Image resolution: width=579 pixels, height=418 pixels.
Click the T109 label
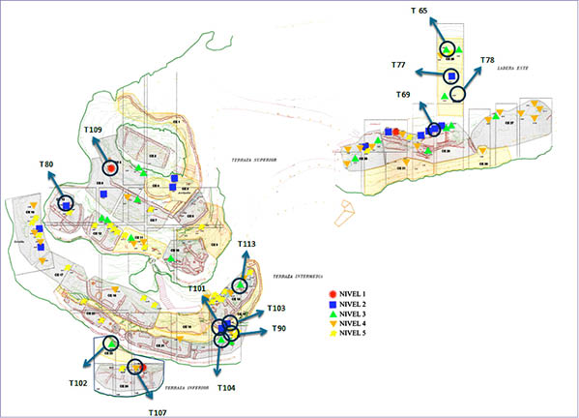click(x=93, y=130)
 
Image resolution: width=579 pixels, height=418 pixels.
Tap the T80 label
click(x=46, y=165)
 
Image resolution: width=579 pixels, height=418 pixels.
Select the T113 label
click(x=246, y=245)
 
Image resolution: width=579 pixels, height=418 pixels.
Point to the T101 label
click(x=196, y=288)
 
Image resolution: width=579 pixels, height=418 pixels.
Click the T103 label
click(x=276, y=309)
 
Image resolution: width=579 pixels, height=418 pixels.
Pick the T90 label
click(x=279, y=329)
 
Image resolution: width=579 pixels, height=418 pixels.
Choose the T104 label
click(x=224, y=387)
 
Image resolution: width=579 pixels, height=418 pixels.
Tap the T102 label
click(x=78, y=383)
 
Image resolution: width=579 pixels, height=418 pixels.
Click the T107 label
click(x=158, y=410)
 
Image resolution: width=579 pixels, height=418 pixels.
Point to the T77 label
click(x=399, y=65)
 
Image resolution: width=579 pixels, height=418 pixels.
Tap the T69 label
click(x=403, y=94)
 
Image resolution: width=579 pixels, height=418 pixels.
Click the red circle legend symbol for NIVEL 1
click(x=333, y=293)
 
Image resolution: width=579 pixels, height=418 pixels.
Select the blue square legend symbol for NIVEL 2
click(x=333, y=304)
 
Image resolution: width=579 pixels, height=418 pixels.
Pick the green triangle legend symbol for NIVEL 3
click(x=333, y=314)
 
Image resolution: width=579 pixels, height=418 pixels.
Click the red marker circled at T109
click(x=111, y=167)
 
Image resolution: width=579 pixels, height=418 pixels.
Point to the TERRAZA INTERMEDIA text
click(x=303, y=276)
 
